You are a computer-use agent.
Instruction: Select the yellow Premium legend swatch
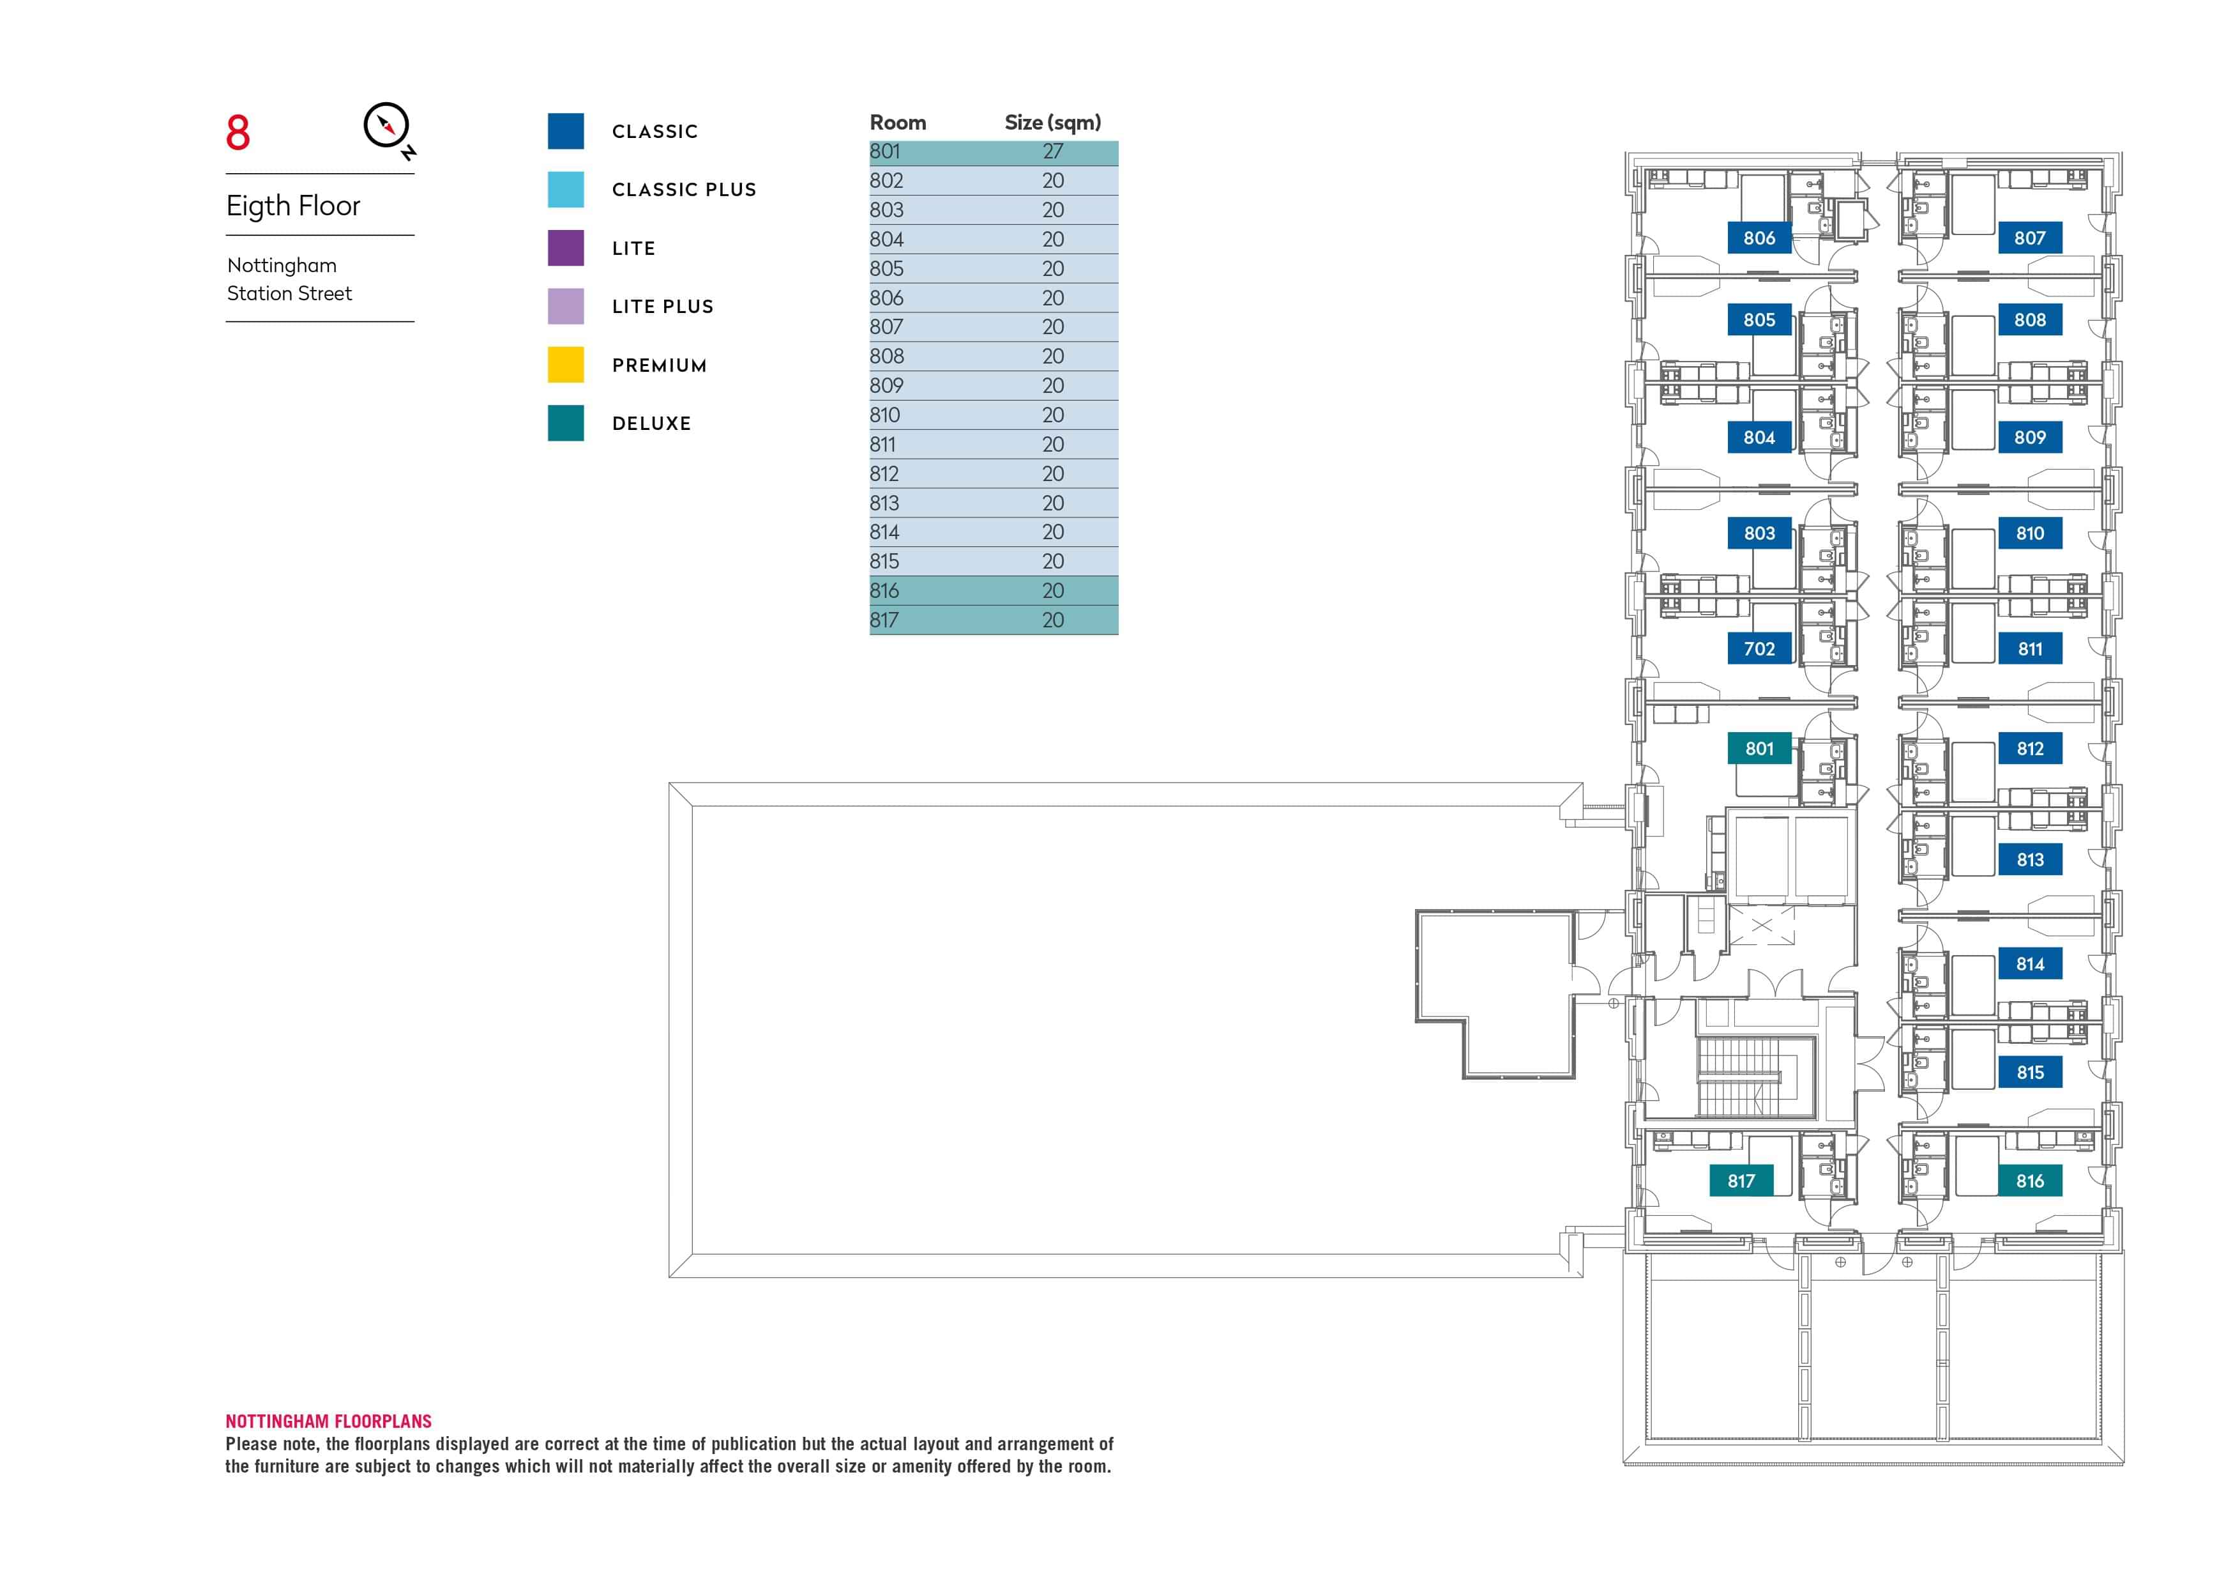pyautogui.click(x=566, y=365)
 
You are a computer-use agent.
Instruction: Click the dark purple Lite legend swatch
pyautogui.click(x=566, y=248)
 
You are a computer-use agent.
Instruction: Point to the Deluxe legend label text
pyautogui.click(x=651, y=424)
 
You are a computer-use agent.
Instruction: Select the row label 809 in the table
pyautogui.click(x=886, y=385)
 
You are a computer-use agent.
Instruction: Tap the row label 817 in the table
pyautogui.click(x=884, y=620)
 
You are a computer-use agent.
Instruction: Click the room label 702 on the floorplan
pyautogui.click(x=1759, y=649)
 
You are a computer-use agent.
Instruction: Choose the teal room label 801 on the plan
pyautogui.click(x=1759, y=749)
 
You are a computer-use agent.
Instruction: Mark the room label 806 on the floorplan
pyautogui.click(x=1759, y=238)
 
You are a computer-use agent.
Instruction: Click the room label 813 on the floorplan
pyautogui.click(x=2029, y=860)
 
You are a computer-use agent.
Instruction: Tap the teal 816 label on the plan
pyautogui.click(x=2029, y=1181)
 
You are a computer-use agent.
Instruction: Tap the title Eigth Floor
pyautogui.click(x=292, y=206)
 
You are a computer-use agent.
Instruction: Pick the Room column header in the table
pyautogui.click(x=898, y=123)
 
